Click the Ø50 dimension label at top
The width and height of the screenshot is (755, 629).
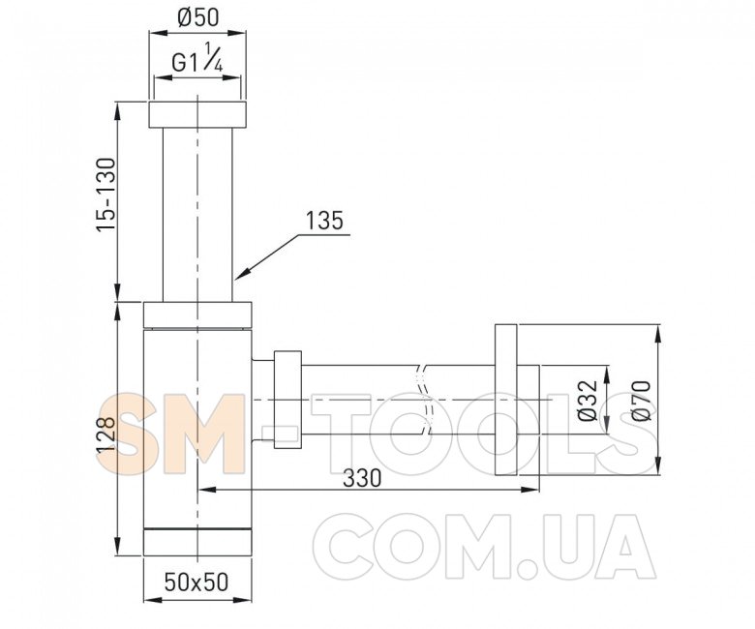(x=197, y=17)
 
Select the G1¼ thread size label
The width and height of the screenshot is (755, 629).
(x=197, y=58)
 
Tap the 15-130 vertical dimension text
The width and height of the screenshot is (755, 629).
(x=106, y=195)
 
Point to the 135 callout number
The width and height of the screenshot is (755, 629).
(x=324, y=221)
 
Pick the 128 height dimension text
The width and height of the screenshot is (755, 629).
(x=106, y=434)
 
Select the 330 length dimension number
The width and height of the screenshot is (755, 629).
(x=362, y=478)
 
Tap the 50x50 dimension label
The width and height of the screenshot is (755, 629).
(x=196, y=582)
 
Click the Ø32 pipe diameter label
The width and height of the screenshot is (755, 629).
(x=588, y=401)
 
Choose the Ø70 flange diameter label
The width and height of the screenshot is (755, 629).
(x=641, y=401)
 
